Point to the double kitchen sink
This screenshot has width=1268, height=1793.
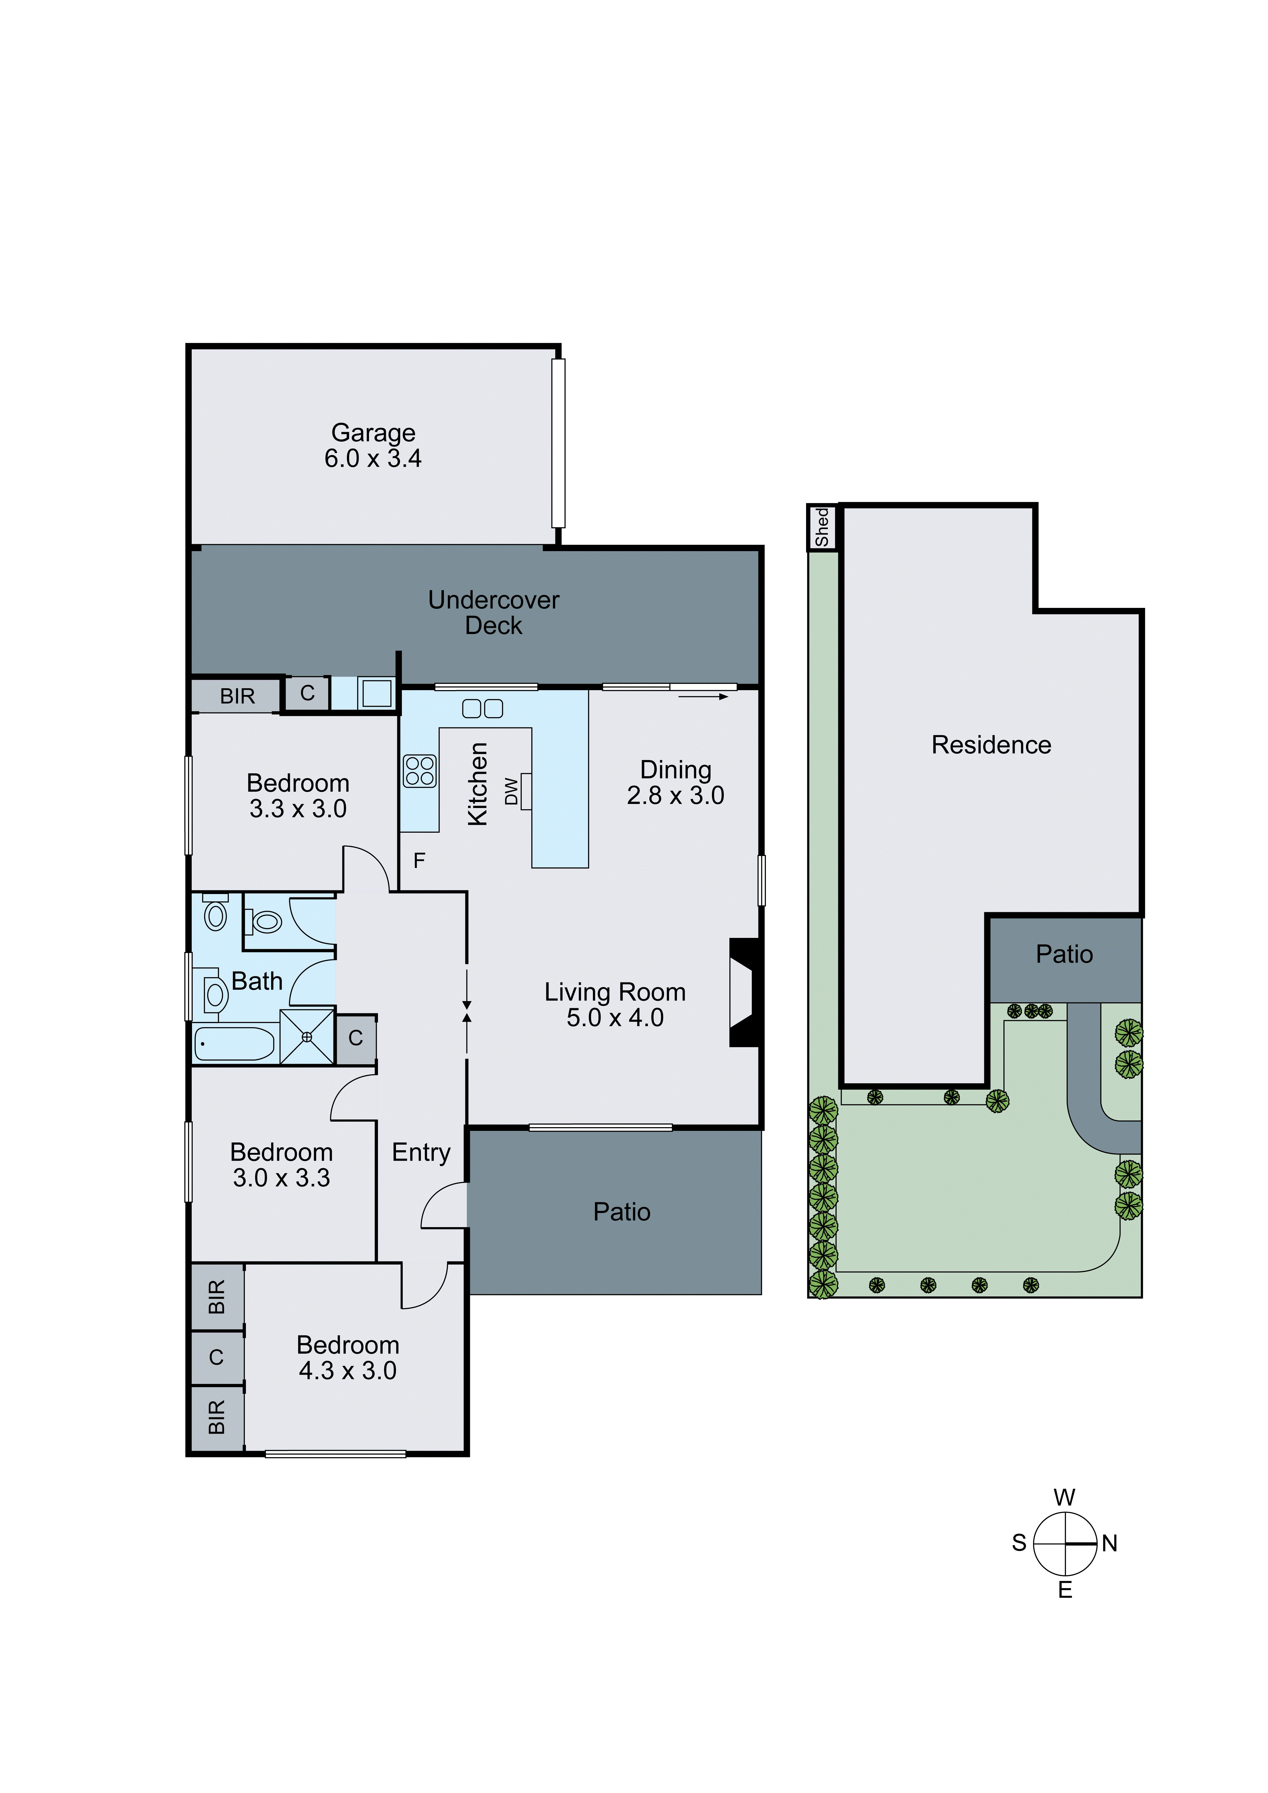pos(482,708)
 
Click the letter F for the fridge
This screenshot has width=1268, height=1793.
pos(419,861)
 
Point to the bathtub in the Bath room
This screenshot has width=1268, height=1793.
pos(234,1044)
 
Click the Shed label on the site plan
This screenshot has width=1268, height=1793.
pos(821,527)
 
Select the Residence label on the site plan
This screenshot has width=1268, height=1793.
pos(991,745)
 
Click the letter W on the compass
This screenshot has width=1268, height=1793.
pos(1064,1497)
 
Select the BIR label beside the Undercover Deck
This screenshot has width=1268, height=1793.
pos(237,696)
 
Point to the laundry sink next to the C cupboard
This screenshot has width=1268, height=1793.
pos(376,693)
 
